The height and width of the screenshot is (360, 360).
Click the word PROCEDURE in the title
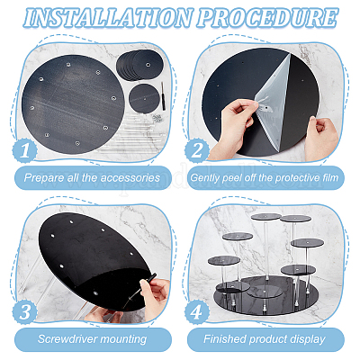click(267, 17)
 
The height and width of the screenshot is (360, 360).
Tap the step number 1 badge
click(24, 151)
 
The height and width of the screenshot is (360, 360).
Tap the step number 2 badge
click(197, 150)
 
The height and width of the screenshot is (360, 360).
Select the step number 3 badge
click(24, 311)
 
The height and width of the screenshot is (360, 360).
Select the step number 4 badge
click(197, 311)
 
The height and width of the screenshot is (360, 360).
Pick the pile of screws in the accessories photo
click(157, 118)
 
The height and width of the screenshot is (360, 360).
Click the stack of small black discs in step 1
click(139, 65)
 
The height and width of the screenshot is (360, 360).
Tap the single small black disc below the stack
click(144, 98)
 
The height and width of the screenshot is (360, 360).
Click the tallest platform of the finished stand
click(265, 217)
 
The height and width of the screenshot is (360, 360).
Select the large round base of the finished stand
click(265, 295)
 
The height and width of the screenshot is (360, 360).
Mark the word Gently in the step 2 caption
click(205, 178)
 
